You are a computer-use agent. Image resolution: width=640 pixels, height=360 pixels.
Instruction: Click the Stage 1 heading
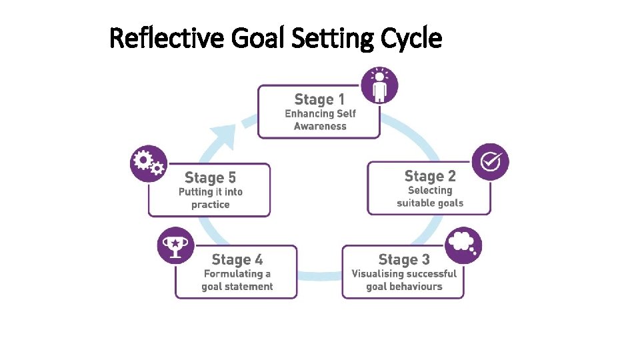[319, 99]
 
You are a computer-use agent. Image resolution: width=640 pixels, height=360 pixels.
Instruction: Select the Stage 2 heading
[430, 176]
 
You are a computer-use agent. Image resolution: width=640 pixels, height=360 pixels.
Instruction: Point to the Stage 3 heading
[404, 259]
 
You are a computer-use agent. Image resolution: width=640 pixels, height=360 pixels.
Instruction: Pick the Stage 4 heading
[237, 259]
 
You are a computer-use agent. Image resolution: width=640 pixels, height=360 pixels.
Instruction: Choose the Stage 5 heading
[210, 177]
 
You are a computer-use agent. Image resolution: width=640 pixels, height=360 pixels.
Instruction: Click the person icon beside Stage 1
[379, 85]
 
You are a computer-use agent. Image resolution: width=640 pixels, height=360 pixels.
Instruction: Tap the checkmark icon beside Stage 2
[491, 162]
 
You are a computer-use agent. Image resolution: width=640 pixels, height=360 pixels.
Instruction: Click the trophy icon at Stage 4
[175, 245]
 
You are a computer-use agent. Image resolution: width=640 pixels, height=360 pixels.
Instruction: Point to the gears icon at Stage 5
[149, 163]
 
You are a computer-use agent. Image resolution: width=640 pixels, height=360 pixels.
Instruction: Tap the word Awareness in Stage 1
[320, 126]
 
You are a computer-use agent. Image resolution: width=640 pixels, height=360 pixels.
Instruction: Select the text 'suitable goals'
[430, 203]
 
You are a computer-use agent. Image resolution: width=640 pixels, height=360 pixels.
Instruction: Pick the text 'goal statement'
[237, 287]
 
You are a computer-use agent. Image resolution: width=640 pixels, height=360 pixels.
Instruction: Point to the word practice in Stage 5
[210, 205]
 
